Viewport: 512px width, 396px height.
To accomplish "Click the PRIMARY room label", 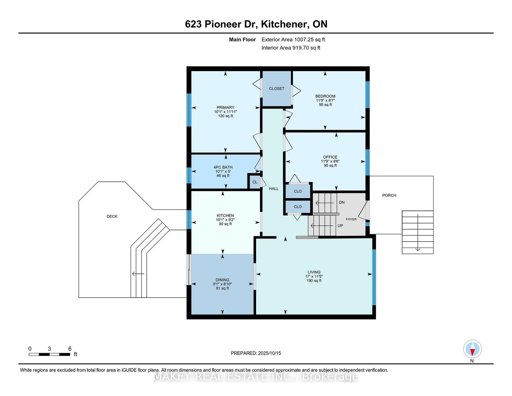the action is click(x=226, y=108).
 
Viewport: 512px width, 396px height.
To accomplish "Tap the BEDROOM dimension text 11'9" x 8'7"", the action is click(x=325, y=100).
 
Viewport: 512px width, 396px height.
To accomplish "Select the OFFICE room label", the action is click(x=330, y=157).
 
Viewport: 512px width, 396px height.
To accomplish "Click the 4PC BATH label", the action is click(x=223, y=167).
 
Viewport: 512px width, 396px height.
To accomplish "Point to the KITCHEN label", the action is click(x=225, y=215).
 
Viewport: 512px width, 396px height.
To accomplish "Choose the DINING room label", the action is click(x=222, y=280).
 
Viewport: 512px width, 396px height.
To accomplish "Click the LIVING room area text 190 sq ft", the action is click(x=314, y=280).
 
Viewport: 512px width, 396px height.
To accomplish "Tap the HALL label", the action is click(x=273, y=189).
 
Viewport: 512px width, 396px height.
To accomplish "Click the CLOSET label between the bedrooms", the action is click(x=276, y=88).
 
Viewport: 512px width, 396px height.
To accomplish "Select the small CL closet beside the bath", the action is click(x=255, y=182).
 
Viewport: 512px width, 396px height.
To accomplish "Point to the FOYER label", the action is click(x=351, y=219).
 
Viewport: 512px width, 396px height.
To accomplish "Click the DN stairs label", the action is click(x=342, y=202).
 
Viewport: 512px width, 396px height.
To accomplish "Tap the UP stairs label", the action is click(x=340, y=226).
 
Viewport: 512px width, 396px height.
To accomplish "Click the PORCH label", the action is click(x=389, y=195).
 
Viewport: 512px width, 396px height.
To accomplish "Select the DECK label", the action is click(x=112, y=216).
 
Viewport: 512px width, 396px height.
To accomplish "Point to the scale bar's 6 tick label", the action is click(x=70, y=349).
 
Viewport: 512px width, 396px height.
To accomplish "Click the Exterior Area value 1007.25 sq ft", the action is click(x=309, y=40).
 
